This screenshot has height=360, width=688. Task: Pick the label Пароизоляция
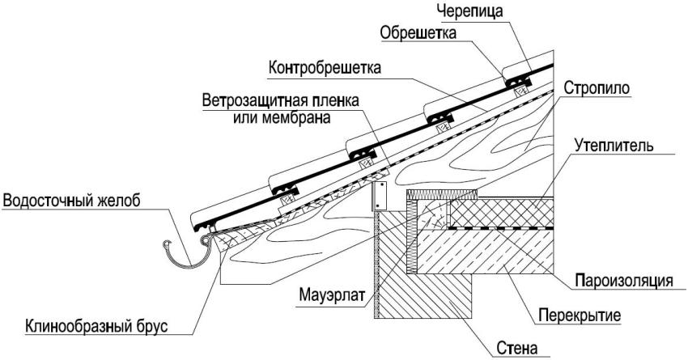tap(624, 281)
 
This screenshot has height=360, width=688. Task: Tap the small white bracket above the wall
tap(378, 196)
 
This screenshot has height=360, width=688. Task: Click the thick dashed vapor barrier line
tap(502, 230)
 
